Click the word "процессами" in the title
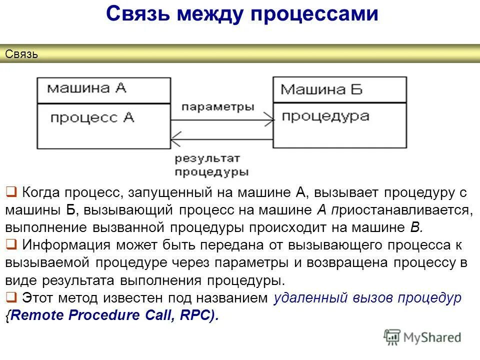314,14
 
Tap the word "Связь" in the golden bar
21,54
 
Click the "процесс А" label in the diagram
92,118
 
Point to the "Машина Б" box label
321,89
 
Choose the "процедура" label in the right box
325,116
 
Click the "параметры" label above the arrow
217,106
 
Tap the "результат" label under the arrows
207,158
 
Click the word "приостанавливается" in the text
400,210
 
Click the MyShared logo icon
392,337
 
